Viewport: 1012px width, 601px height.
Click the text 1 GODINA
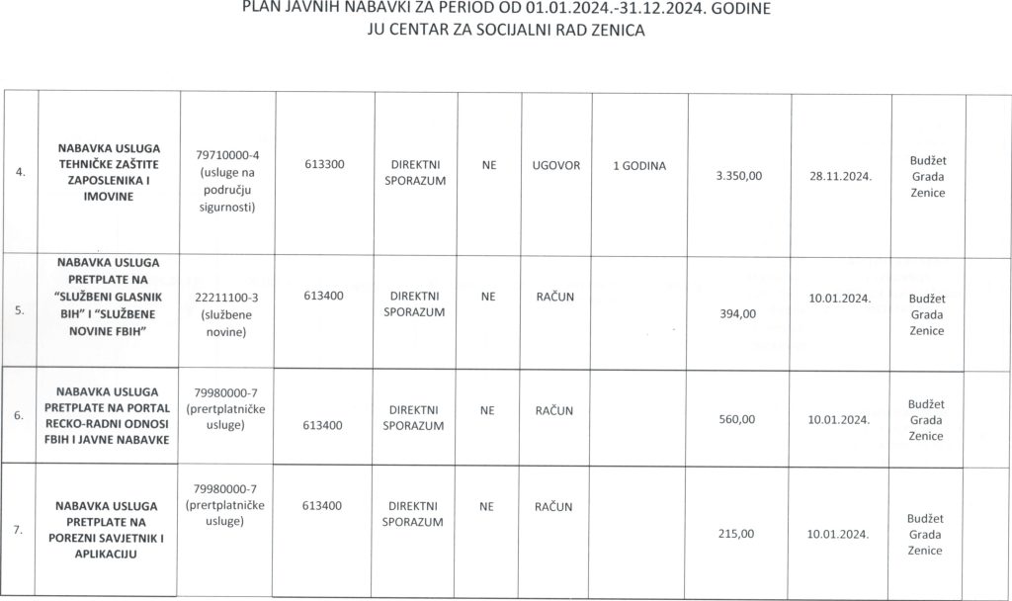[639, 165]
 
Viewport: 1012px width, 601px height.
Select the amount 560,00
[737, 419]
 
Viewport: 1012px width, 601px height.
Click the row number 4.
[21, 173]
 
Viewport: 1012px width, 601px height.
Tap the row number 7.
[21, 531]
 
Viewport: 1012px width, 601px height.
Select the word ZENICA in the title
[614, 31]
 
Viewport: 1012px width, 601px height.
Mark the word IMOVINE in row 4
[110, 197]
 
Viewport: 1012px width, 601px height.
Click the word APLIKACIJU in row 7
[110, 554]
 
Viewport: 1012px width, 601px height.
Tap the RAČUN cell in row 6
[554, 409]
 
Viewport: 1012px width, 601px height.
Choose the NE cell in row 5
[488, 296]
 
